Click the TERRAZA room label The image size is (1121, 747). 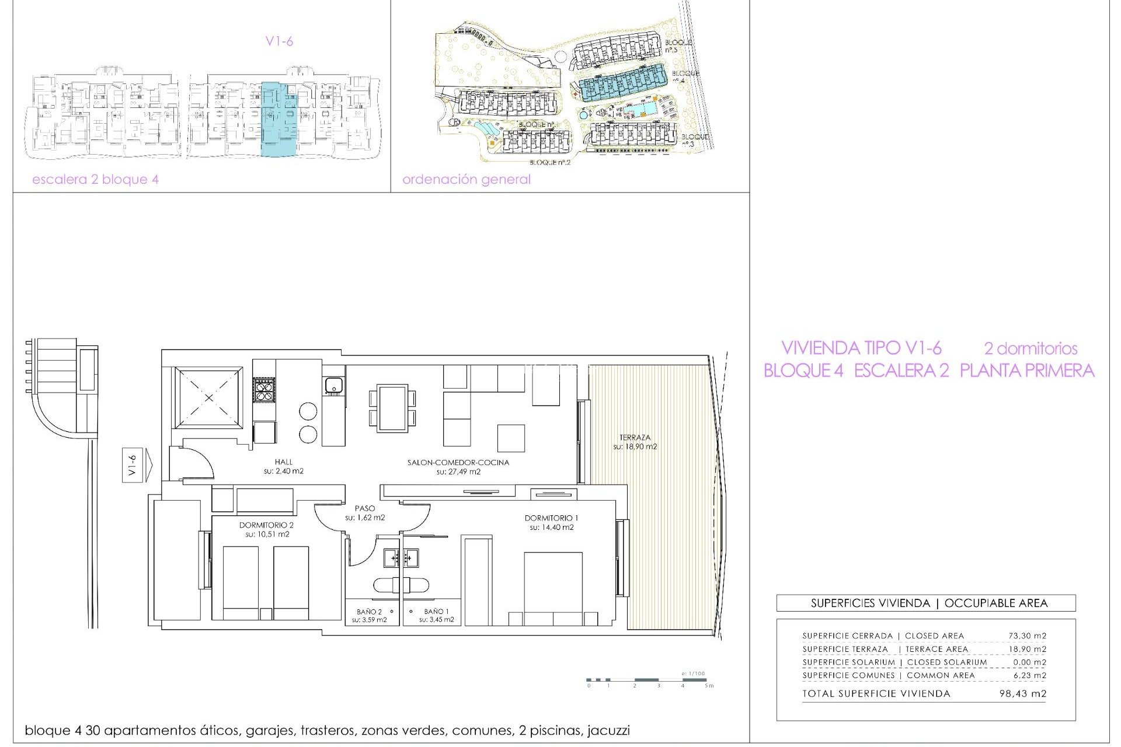pos(635,437)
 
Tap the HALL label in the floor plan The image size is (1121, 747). pos(284,462)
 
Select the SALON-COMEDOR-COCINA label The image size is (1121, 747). pos(458,462)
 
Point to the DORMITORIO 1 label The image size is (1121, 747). pos(551,518)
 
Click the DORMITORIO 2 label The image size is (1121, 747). pos(266,525)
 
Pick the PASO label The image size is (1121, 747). pos(365,508)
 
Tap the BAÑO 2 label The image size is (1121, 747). pos(369,612)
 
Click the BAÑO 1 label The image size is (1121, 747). pos(436,611)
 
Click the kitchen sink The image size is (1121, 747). pos(333,386)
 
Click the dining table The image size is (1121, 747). pos(392,408)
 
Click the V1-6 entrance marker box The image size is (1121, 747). pos(132,465)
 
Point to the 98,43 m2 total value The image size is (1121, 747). pos(1023,694)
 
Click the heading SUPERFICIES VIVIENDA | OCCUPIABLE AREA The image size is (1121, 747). pos(929,603)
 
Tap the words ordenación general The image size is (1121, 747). pos(466,179)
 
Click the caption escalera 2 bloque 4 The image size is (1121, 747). pos(95,179)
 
